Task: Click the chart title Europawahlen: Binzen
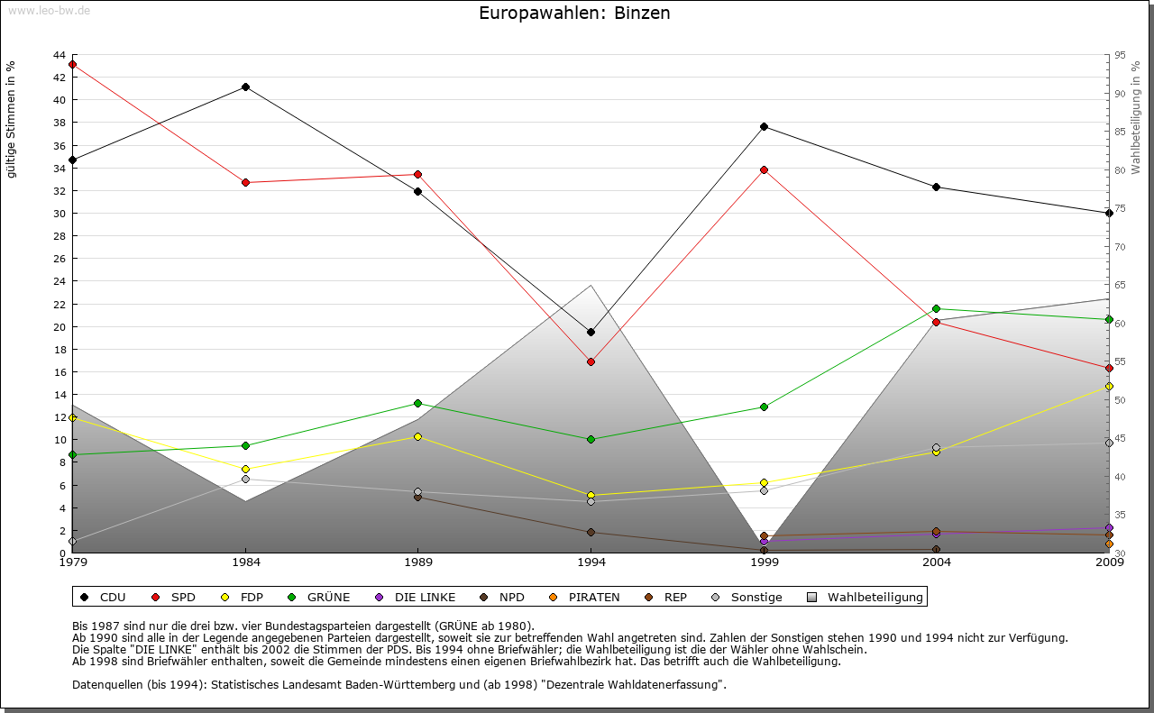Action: (574, 14)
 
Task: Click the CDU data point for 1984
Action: (245, 87)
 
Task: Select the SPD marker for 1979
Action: (72, 65)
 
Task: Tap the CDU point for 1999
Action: (764, 126)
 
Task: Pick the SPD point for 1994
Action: (591, 361)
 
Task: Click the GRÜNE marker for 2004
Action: (937, 308)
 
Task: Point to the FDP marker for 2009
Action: (1109, 386)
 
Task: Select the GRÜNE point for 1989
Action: (417, 403)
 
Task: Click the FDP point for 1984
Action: (245, 469)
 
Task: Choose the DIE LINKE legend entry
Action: (416, 597)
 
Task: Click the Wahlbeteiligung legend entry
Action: (865, 597)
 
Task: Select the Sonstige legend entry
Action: (748, 597)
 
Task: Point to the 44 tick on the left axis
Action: (60, 55)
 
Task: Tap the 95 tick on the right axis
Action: (1120, 55)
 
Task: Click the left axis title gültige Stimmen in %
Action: (12, 119)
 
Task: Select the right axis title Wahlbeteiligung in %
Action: (1136, 118)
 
